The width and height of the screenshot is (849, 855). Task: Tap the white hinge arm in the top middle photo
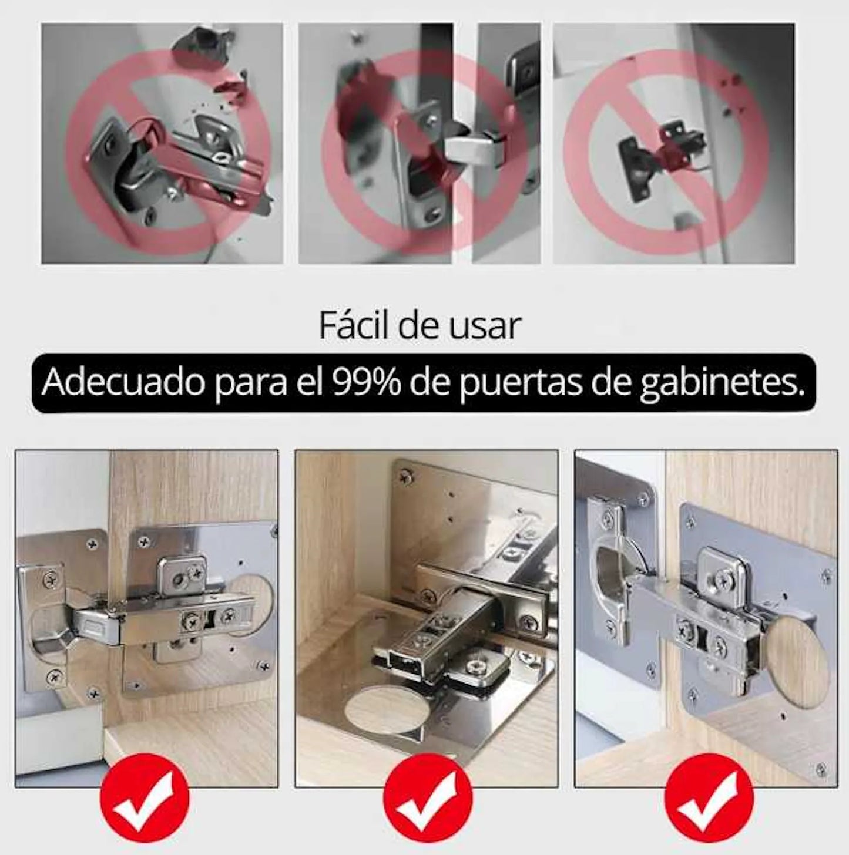[x=476, y=150]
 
